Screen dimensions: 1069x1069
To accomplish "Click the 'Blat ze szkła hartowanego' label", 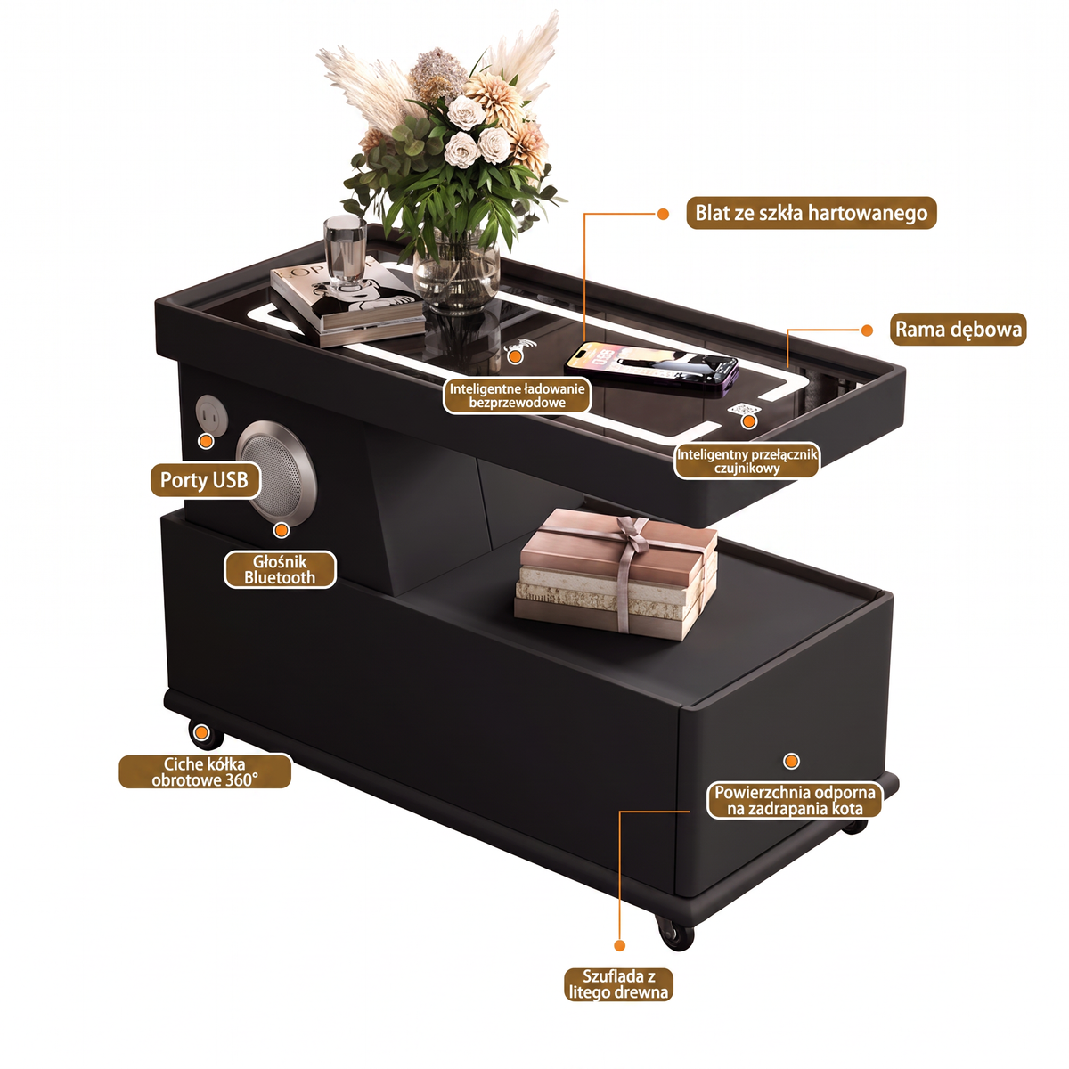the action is tap(811, 213).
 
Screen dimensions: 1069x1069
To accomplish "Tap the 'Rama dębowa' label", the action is tap(958, 330).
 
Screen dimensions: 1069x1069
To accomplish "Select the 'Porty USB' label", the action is tap(204, 480).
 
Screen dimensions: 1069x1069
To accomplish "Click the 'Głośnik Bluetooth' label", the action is tap(280, 570).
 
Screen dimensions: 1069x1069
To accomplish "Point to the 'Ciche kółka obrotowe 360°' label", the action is tap(205, 772).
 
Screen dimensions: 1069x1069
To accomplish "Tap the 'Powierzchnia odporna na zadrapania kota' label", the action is tap(795, 801).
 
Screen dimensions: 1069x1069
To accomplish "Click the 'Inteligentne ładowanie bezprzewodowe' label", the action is tap(517, 396).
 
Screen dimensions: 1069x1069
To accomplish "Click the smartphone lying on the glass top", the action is tap(651, 368).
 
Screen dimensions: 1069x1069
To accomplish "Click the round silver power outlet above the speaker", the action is tap(211, 414).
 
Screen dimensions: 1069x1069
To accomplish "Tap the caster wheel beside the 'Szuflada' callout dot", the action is tap(674, 932).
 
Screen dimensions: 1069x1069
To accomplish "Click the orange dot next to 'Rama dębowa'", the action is tap(867, 330).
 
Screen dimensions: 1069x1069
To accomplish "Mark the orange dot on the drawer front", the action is tap(791, 761).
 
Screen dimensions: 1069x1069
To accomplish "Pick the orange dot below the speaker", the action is tap(282, 530).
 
